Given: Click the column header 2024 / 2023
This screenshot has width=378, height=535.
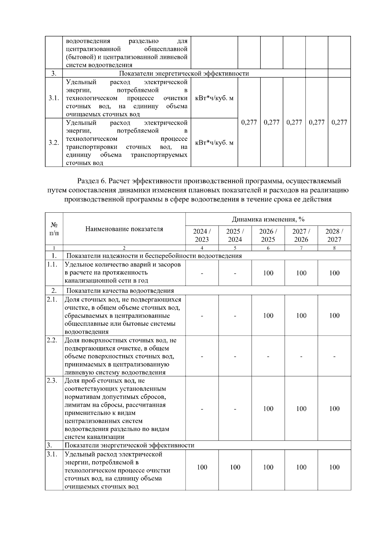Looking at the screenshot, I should click(x=202, y=235).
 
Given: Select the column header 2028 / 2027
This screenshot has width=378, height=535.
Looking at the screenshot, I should click(x=334, y=235).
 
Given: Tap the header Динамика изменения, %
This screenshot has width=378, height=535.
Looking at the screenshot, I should click(x=268, y=219).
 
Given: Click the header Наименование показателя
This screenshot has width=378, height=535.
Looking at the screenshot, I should click(x=124, y=229).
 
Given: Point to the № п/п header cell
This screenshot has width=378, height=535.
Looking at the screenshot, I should click(x=54, y=229).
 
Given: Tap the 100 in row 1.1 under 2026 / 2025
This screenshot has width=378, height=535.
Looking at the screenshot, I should click(x=268, y=273).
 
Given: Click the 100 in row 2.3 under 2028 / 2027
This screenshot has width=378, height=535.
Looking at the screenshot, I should click(x=334, y=409).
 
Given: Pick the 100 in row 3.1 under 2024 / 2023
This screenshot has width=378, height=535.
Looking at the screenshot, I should click(x=202, y=467).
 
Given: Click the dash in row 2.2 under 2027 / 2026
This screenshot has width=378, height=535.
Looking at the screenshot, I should click(x=301, y=356).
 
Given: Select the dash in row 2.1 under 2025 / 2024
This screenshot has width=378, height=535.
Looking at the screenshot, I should click(x=235, y=316).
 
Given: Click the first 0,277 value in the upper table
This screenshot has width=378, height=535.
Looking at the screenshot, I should click(x=249, y=122).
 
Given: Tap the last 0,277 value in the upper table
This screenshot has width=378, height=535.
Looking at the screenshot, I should click(x=339, y=122).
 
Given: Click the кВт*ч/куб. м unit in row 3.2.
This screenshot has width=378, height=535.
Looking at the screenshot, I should click(x=214, y=143).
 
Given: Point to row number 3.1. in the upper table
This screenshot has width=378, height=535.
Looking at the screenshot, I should click(x=54, y=98).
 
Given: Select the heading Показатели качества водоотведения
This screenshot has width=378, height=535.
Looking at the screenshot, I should click(x=120, y=291).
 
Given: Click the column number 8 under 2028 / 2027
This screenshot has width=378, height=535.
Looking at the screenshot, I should click(x=334, y=248).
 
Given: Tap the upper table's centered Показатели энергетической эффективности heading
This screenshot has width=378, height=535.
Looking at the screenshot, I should click(x=184, y=73).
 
